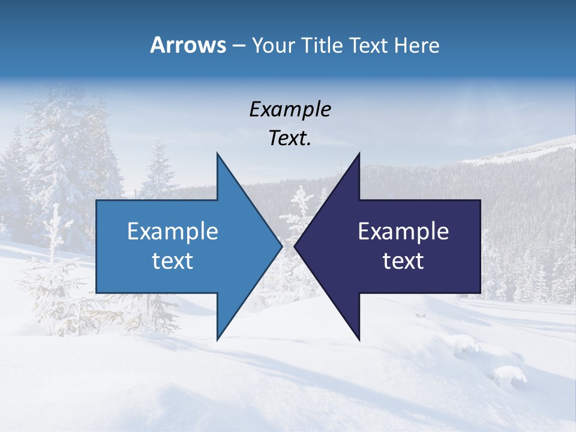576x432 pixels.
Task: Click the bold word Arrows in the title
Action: (x=188, y=45)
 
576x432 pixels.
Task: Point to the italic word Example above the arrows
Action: (x=290, y=110)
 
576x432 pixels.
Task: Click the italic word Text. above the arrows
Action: (x=290, y=139)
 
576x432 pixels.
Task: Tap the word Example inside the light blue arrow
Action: (x=173, y=232)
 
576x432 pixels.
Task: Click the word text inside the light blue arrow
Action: (x=173, y=261)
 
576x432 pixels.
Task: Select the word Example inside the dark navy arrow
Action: (x=403, y=232)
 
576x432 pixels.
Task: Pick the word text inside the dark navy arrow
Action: (x=403, y=261)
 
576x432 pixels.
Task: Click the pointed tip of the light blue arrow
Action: (x=281, y=246)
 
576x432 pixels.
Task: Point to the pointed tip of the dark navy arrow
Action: (x=295, y=246)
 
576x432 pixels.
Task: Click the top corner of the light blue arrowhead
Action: (x=217, y=154)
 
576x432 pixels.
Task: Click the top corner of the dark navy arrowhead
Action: (x=359, y=154)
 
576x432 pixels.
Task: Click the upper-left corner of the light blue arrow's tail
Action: (x=97, y=200)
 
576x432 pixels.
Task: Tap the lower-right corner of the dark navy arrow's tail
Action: (x=480, y=292)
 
